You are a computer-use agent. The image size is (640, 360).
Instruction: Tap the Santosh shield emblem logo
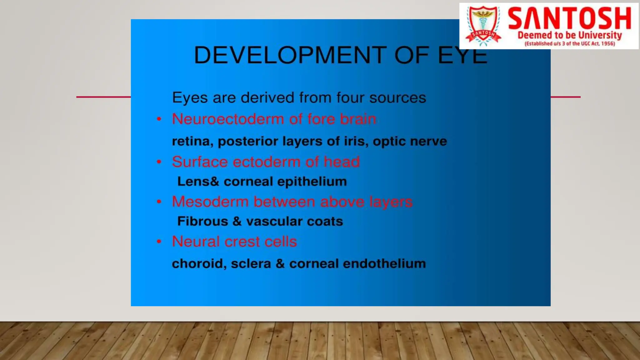pos(483,26)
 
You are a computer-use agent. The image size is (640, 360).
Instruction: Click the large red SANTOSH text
pos(569,19)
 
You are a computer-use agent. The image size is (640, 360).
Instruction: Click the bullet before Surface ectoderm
pos(159,162)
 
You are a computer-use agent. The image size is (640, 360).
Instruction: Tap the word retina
pos(191,141)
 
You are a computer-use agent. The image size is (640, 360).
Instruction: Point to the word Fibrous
pos(202,221)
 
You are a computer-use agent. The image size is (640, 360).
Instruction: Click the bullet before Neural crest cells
pos(159,242)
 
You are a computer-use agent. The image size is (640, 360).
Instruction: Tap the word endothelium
pos(384,263)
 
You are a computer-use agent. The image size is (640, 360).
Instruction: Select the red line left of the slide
pos(103,97)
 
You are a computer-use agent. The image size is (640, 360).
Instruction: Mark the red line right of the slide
pos(565,97)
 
